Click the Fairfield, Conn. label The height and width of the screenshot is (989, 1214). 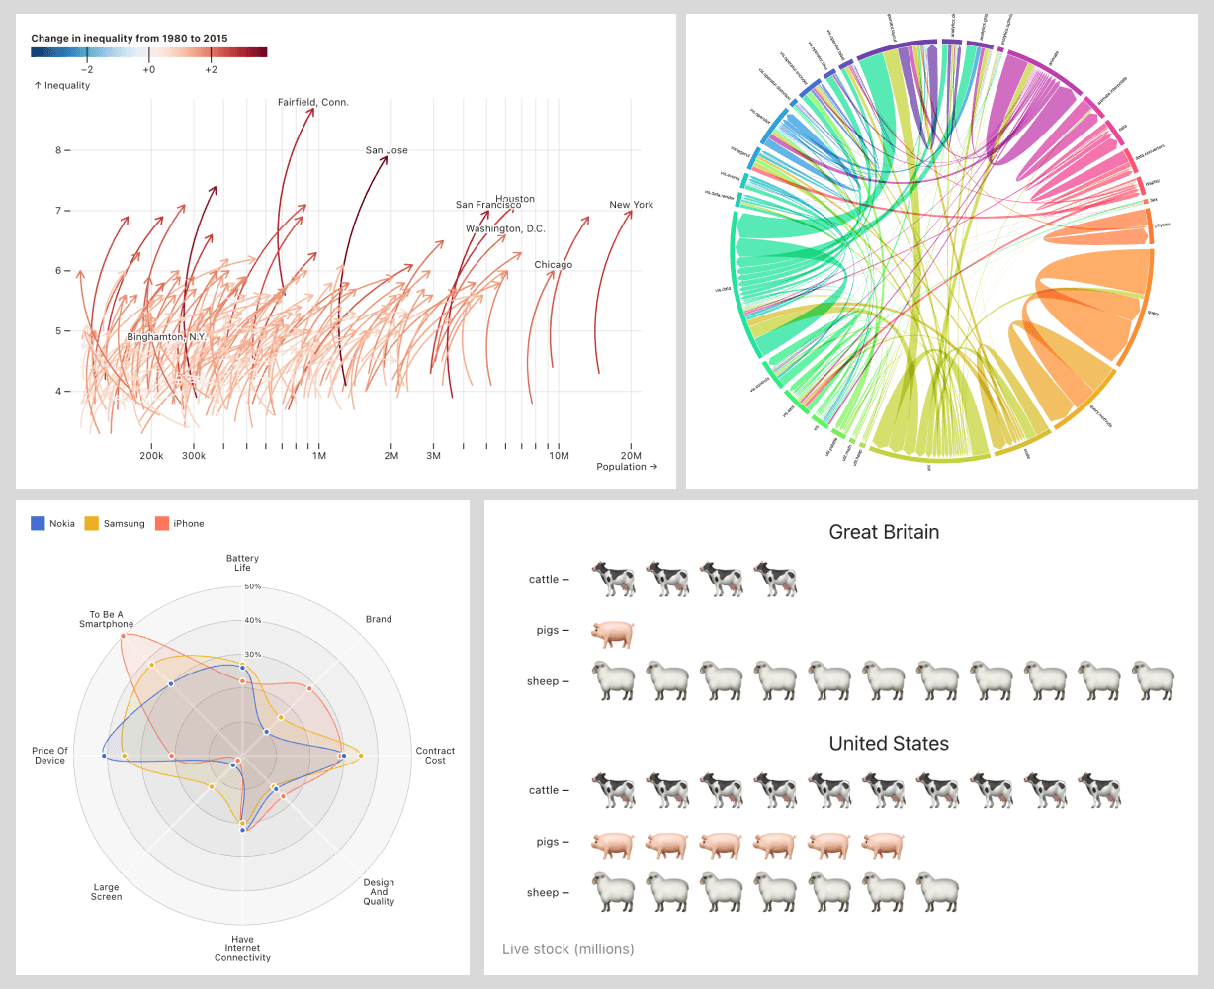312,102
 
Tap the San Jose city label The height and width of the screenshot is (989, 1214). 387,150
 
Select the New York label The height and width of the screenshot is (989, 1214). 631,205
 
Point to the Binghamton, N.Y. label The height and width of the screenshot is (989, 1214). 167,337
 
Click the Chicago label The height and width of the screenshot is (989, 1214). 553,265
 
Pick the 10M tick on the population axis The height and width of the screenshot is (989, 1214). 559,456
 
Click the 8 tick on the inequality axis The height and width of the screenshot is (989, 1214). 58,150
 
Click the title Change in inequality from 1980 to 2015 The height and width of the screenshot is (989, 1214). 130,38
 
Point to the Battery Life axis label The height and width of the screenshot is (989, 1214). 242,563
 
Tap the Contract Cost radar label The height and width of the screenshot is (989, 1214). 435,756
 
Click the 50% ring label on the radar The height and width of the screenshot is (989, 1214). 253,586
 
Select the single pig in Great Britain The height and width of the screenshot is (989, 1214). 612,634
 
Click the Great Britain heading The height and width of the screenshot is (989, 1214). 884,532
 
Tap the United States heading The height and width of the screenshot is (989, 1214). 889,744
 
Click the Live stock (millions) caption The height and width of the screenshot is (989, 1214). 567,949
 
